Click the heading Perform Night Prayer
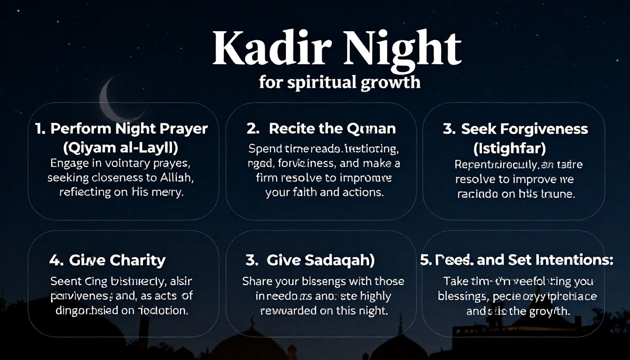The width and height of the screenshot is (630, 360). (x=129, y=129)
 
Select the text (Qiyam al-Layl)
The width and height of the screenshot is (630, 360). (x=121, y=147)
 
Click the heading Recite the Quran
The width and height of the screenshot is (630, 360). (x=332, y=129)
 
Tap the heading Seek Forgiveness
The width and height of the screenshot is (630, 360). (x=524, y=129)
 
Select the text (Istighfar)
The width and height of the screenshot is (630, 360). (x=509, y=148)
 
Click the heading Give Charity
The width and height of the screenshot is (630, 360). (x=117, y=260)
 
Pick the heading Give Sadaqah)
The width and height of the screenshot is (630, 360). (x=320, y=260)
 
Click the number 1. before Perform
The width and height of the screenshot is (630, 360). (x=40, y=129)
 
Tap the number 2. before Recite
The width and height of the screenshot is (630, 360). (x=253, y=129)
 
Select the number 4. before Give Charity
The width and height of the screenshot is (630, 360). (x=56, y=260)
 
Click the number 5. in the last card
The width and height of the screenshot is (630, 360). (x=425, y=260)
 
